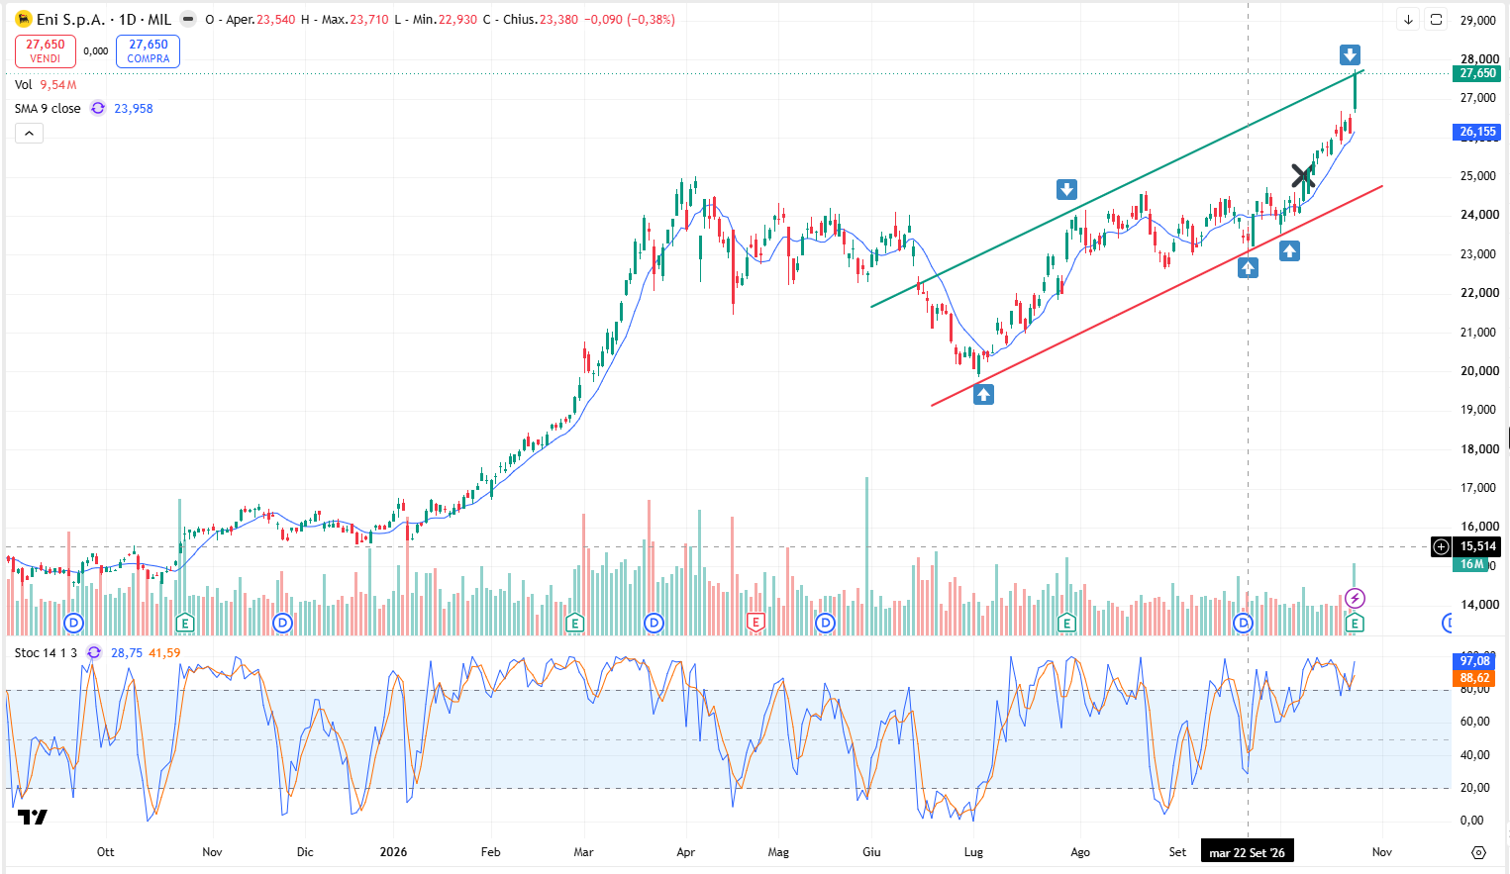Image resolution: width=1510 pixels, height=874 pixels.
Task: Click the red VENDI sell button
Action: [46, 51]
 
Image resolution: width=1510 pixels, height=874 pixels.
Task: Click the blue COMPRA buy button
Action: [149, 51]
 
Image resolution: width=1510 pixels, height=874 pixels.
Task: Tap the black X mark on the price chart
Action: [1302, 176]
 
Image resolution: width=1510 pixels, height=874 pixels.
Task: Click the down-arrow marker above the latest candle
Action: [1350, 54]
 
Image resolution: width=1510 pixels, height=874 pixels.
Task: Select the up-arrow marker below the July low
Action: [983, 394]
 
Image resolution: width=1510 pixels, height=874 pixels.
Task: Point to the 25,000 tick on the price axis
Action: [1477, 176]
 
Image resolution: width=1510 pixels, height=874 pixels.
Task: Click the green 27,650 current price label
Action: [1476, 73]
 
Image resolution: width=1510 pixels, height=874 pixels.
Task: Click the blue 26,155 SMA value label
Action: [1476, 132]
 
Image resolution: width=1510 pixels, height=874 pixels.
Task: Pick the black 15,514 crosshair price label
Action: [1477, 546]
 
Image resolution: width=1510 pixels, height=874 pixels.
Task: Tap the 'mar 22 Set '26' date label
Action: [1247, 852]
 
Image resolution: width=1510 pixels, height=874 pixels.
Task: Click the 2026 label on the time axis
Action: [393, 852]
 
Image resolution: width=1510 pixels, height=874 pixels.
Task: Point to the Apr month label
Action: [685, 852]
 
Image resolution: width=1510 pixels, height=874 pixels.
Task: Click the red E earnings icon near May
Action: [755, 622]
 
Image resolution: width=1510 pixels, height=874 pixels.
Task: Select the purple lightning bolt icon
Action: [1355, 598]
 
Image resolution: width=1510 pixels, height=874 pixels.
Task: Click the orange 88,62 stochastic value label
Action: [1475, 678]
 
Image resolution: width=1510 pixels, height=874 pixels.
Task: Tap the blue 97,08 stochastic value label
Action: [1475, 661]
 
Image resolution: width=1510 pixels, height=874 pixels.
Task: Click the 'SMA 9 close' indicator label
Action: [48, 109]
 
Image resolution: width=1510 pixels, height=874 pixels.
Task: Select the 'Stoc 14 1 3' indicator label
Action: [46, 653]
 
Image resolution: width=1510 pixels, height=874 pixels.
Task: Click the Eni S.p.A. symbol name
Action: [70, 20]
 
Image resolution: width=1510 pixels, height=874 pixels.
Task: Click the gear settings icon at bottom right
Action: [1478, 852]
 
